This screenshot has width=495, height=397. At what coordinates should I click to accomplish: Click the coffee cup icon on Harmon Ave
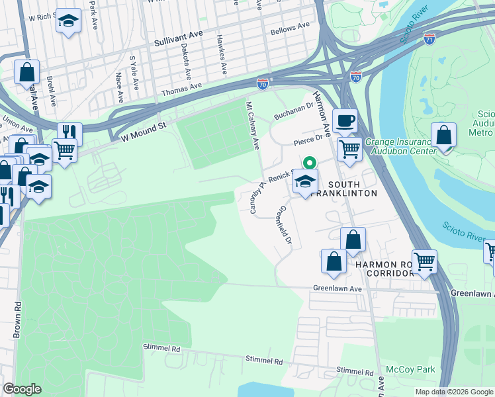pos(345,122)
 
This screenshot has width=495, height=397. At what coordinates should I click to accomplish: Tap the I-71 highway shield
pos(429,39)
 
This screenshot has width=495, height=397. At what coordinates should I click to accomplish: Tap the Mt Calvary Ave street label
pos(251,125)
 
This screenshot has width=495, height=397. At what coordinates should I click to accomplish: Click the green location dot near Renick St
pos(308,161)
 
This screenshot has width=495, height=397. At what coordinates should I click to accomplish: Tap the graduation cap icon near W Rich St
pos(68,21)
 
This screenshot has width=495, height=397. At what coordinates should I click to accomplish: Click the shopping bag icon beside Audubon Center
pos(443,136)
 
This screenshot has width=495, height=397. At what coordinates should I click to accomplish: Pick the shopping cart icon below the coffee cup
pos(349,149)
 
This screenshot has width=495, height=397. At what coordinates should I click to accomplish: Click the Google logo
pos(22,388)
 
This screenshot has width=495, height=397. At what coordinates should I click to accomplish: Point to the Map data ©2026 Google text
pos(453,392)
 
